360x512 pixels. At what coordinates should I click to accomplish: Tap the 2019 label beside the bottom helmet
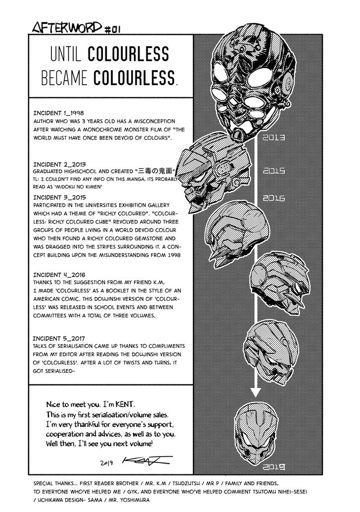click(x=272, y=466)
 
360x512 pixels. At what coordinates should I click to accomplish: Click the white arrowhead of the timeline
click(x=255, y=392)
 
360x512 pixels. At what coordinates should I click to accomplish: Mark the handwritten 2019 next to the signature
click(x=106, y=464)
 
